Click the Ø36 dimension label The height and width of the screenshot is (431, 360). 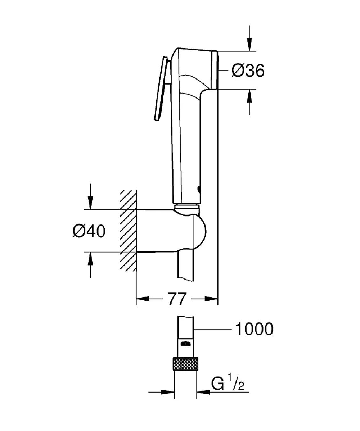tap(248, 71)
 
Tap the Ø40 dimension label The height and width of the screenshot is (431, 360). tap(89, 231)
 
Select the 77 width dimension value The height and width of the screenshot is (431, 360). tap(177, 299)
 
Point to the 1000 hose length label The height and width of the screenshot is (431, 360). tap(255, 329)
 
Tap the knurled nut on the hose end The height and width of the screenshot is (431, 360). tap(185, 364)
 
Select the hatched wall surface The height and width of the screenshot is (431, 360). tap(128, 230)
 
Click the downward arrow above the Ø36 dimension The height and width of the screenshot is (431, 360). tap(249, 38)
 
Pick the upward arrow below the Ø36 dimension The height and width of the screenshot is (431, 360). tap(249, 102)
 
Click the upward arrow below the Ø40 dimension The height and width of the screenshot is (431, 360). tap(90, 265)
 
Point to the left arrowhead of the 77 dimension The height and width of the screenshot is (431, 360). tap(143, 299)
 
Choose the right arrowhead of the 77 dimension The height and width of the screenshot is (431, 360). tap(211, 299)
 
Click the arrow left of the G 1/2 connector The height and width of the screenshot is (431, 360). tap(161, 392)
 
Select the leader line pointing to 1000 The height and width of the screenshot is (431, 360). tap(213, 329)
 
